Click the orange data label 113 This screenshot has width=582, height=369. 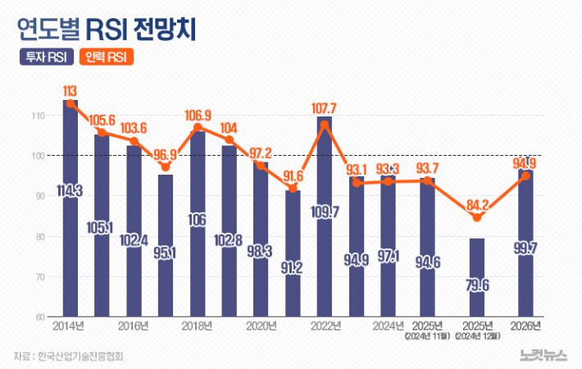click(x=70, y=90)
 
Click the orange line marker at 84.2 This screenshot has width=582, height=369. click(x=478, y=217)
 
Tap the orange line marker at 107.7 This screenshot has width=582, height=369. click(x=325, y=125)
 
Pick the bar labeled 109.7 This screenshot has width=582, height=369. click(x=325, y=217)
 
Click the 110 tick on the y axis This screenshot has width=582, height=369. click(x=38, y=116)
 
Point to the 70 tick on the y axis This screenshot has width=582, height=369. click(x=39, y=277)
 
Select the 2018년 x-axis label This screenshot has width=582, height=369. click(x=198, y=326)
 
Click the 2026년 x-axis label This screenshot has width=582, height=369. click(x=525, y=326)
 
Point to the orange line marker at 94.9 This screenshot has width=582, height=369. click(x=525, y=175)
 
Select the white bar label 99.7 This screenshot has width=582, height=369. click(x=525, y=248)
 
